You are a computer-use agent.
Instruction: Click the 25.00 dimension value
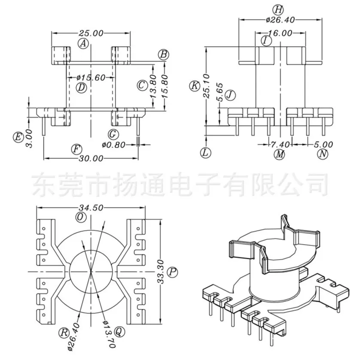pyautogui.click(x=91, y=33)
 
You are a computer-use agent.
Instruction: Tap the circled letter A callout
pyautogui.click(x=83, y=43)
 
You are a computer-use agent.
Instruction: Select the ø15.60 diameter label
pyautogui.click(x=91, y=78)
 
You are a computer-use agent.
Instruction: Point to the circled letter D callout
pyautogui.click(x=81, y=87)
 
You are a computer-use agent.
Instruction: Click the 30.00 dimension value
pyautogui.click(x=91, y=158)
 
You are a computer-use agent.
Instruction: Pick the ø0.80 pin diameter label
pyautogui.click(x=113, y=145)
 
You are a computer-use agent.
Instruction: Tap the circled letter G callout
pyautogui.click(x=113, y=134)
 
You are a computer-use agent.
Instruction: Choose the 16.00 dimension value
pyautogui.click(x=280, y=33)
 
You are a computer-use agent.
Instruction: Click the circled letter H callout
pyautogui.click(x=278, y=10)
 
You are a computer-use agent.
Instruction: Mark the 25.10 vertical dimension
pyautogui.click(x=207, y=86)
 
